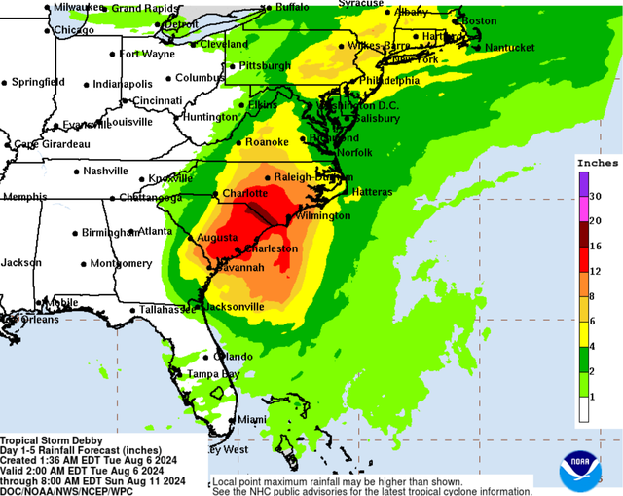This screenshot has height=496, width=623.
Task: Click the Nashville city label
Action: tap(105, 171)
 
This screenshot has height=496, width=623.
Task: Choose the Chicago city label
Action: tap(74, 30)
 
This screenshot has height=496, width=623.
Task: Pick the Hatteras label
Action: tap(374, 192)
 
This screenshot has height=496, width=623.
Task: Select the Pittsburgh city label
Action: tap(264, 66)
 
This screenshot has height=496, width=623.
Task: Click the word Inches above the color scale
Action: tap(597, 163)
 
